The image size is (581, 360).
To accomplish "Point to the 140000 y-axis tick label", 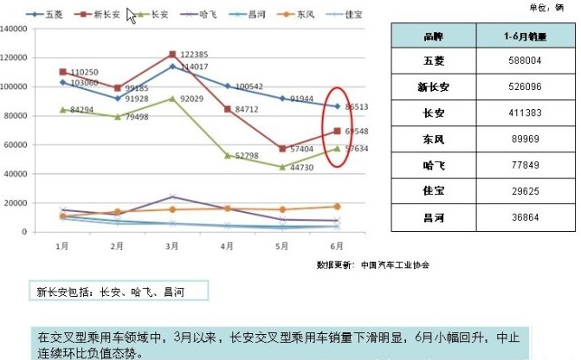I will tap(16, 29).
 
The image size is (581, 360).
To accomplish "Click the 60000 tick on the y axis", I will tap(18, 145).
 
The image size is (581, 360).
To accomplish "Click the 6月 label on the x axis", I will tap(337, 246).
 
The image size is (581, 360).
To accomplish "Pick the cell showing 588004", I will tap(524, 61).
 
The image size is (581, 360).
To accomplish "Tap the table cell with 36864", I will tap(524, 216).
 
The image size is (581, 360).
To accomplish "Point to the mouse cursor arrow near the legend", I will tap(132, 16).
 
